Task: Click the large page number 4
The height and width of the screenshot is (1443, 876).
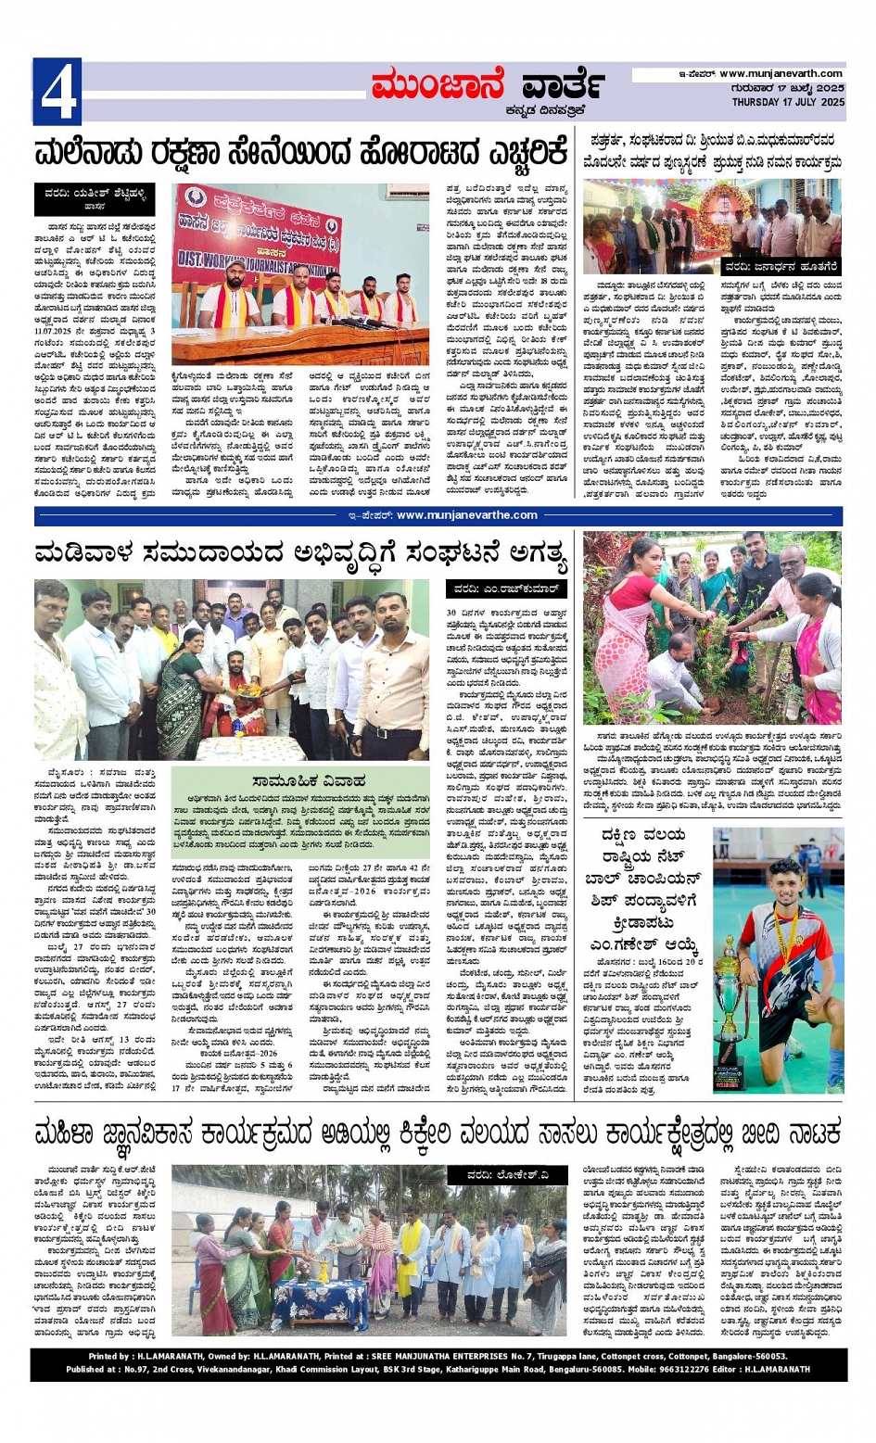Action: (x=57, y=91)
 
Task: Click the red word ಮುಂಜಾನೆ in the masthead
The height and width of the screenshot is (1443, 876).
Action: (x=436, y=86)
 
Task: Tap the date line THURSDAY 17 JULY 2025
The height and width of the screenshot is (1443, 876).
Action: (x=788, y=102)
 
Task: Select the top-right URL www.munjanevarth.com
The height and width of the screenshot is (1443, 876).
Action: (x=781, y=73)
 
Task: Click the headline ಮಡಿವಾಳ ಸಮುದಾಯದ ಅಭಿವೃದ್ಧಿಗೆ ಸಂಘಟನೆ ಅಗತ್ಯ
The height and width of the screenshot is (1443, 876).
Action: (x=300, y=554)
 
